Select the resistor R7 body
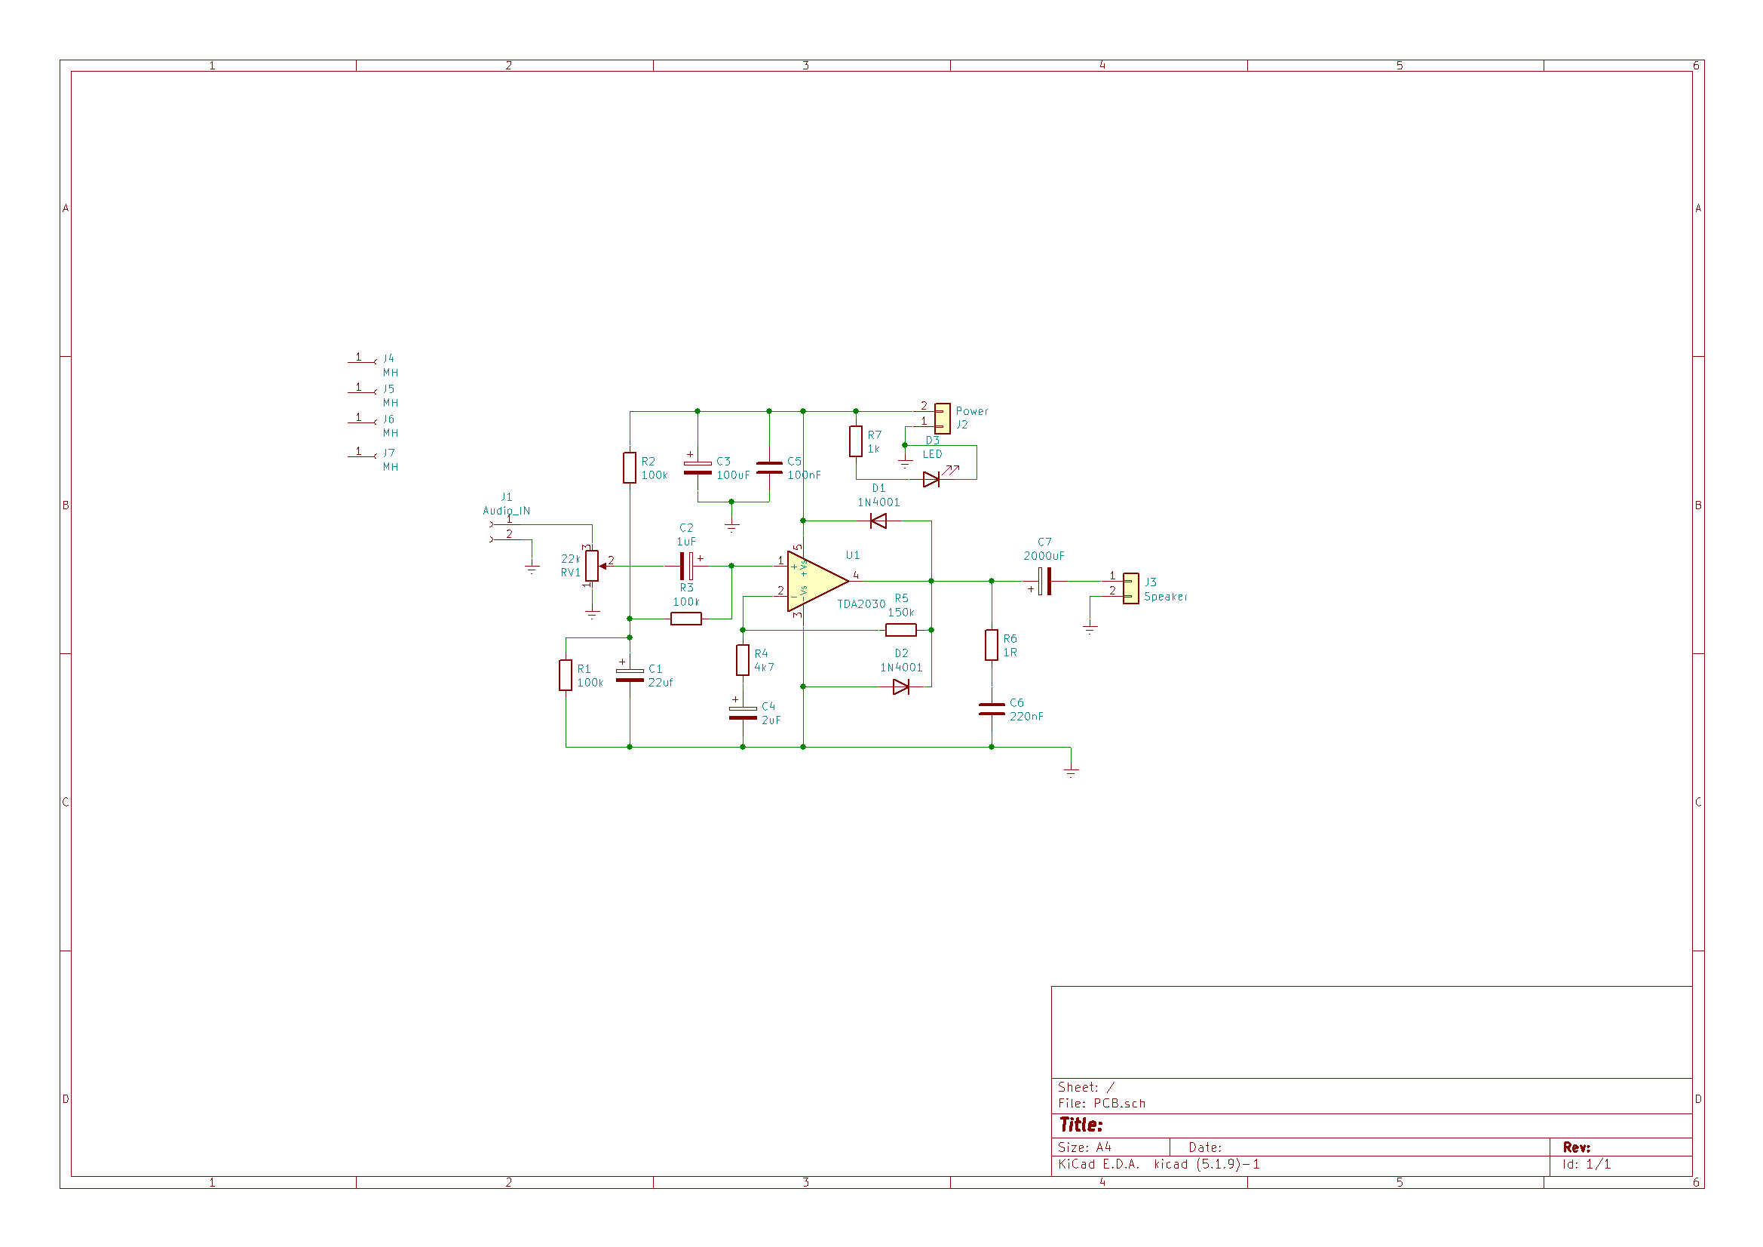856,442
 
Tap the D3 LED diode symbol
931,480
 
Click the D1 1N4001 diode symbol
878,522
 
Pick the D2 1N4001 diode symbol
901,687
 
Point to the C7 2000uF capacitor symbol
1044,582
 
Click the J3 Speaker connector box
1131,588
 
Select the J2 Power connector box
943,419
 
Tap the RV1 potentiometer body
592,567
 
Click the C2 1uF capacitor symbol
686,567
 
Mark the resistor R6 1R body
992,646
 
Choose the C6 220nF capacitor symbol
992,709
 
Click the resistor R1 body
566,675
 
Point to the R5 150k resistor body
900,631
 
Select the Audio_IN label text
507,511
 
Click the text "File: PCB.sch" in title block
1102,1104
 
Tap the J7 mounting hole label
389,453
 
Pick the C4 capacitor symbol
743,713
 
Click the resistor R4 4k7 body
743,660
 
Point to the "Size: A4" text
1084,1147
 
